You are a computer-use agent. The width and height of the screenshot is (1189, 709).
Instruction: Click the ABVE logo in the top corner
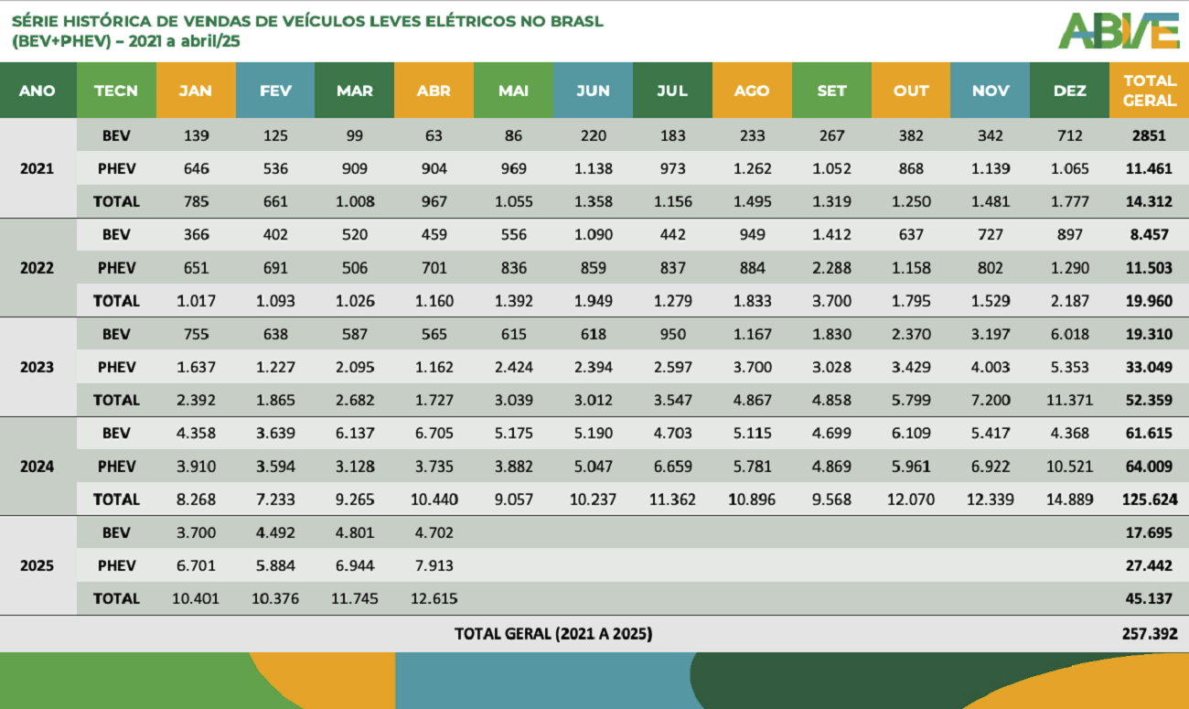point(1118,30)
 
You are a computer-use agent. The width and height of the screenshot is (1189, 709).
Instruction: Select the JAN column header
point(196,91)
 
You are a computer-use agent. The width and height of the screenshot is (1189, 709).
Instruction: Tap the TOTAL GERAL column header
point(1149,91)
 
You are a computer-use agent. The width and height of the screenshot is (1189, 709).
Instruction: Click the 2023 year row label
point(37,367)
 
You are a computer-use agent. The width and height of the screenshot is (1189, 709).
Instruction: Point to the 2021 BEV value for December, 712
point(1069,135)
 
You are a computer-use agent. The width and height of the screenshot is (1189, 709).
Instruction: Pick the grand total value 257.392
point(1149,633)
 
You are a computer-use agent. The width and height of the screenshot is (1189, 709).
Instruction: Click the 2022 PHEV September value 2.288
point(830,268)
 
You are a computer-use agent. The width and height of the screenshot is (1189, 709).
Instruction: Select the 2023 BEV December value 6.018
point(1069,334)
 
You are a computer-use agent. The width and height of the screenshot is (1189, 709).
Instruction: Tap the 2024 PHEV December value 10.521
point(1069,467)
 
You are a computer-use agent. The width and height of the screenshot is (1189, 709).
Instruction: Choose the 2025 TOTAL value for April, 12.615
point(434,598)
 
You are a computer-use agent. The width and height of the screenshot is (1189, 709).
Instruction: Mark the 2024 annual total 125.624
point(1149,500)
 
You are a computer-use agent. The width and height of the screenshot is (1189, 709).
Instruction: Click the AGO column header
point(751,91)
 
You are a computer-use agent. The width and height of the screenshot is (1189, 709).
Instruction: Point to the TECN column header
point(116,91)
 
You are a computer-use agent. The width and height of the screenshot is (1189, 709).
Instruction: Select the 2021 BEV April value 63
point(434,135)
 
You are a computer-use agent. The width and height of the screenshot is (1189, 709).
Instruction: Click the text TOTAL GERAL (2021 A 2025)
point(553,633)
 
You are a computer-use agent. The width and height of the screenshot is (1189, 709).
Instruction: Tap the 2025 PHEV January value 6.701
point(196,565)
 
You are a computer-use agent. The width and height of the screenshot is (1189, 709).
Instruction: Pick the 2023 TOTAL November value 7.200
point(990,400)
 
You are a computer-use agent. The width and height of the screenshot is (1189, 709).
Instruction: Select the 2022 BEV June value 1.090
point(593,234)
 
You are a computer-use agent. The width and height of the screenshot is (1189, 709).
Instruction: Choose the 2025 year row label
point(37,565)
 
